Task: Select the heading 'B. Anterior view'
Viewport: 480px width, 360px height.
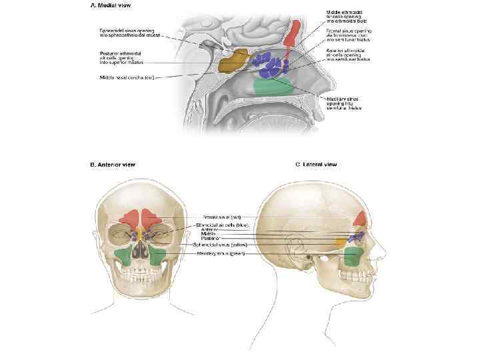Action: pos(113,165)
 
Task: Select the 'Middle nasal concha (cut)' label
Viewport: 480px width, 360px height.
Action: pos(127,77)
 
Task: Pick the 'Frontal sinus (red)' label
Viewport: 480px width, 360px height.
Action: pos(222,217)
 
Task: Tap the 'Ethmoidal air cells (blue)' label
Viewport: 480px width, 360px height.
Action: pos(224,225)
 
